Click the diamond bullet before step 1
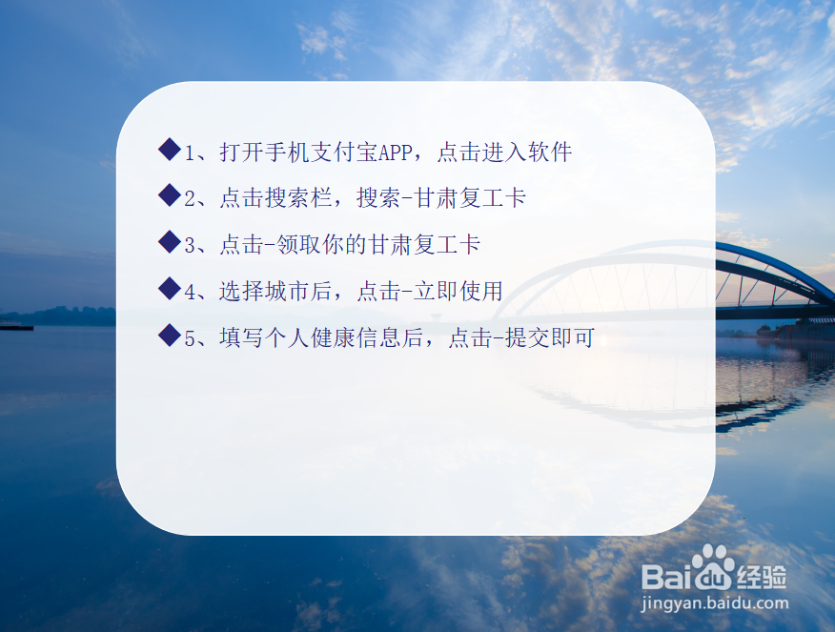pyautogui.click(x=169, y=150)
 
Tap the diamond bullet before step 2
pyautogui.click(x=169, y=195)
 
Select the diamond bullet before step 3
pyautogui.click(x=169, y=242)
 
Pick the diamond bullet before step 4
pyautogui.click(x=169, y=288)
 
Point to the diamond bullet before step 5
pyautogui.click(x=169, y=335)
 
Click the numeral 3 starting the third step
pyautogui.click(x=191, y=246)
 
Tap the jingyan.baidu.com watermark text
pyautogui.click(x=716, y=603)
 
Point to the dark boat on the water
pyautogui.click(x=16, y=327)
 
